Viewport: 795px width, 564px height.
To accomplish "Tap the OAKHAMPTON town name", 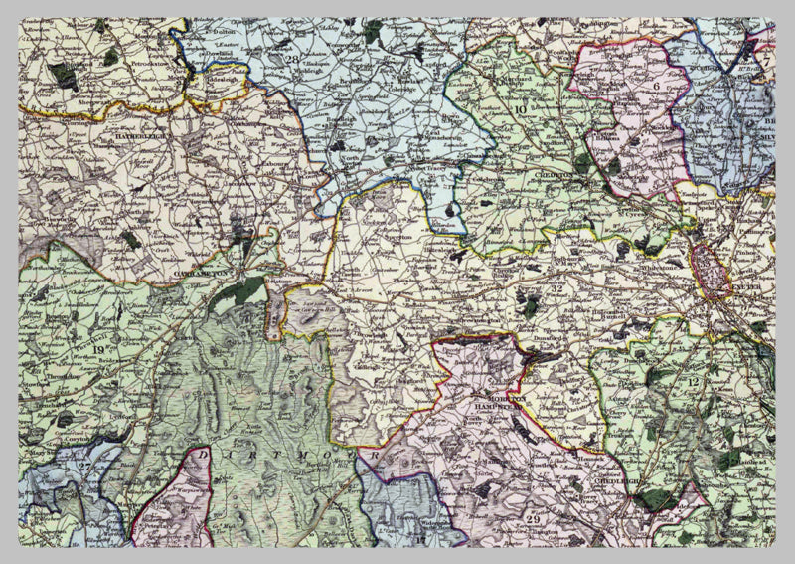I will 202,269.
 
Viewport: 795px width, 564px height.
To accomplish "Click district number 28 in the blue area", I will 291,59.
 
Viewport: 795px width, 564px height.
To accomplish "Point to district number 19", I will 99,348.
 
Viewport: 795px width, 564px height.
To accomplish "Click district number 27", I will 84,466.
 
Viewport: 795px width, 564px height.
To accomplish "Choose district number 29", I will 533,521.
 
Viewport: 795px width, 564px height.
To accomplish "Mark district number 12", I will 693,382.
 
